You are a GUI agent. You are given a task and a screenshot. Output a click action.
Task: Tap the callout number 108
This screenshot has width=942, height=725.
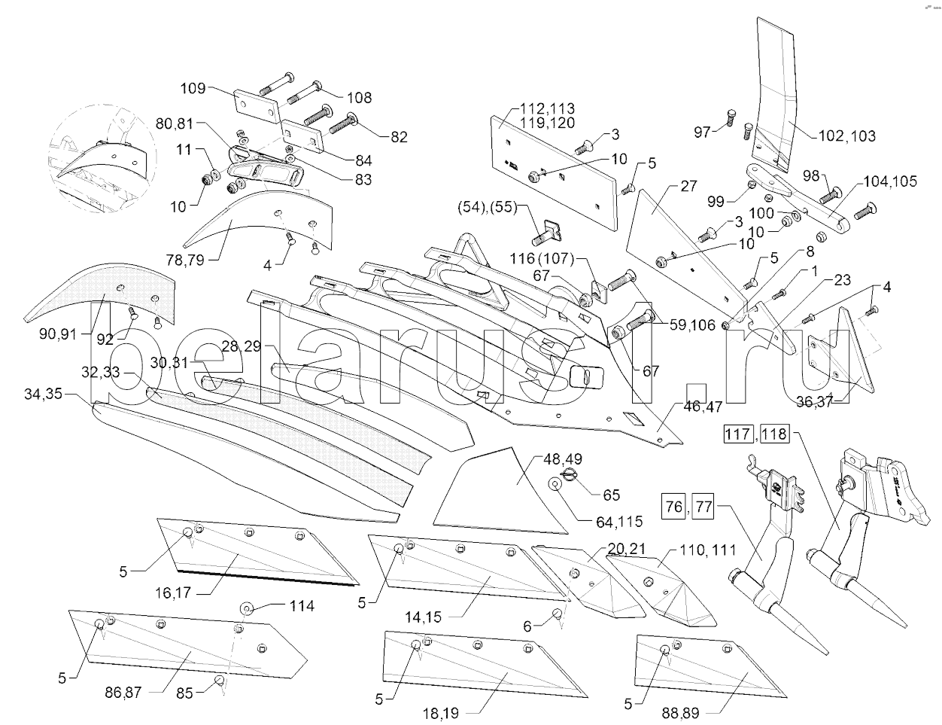[x=359, y=98]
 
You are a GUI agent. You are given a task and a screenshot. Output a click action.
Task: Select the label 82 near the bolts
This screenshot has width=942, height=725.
[x=398, y=137]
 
